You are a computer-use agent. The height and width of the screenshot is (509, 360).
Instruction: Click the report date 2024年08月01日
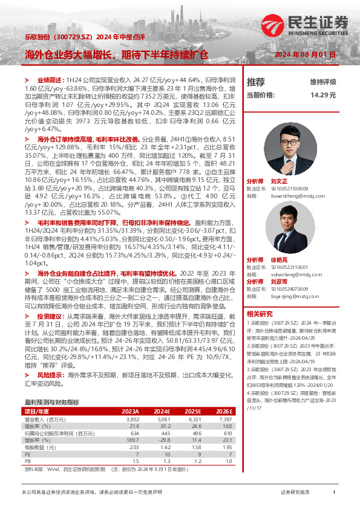point(305,55)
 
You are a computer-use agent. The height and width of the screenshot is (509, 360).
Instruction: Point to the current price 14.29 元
point(322,95)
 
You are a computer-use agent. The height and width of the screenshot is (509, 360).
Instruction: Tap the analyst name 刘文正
point(279,181)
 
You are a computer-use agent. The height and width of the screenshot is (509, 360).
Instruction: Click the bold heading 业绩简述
point(48,80)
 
